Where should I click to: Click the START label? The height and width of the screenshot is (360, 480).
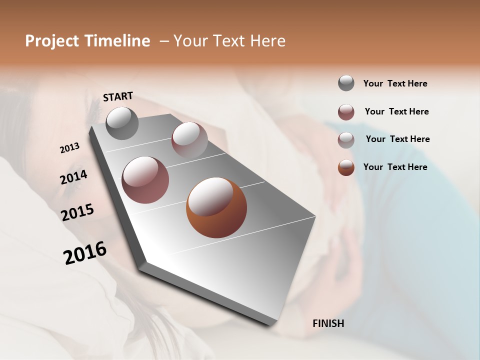(118, 96)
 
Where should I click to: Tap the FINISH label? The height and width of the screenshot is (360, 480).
(328, 323)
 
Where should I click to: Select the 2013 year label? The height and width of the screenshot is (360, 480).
(69, 148)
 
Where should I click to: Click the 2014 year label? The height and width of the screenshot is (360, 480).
(73, 177)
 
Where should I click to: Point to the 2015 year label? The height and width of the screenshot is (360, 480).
(77, 212)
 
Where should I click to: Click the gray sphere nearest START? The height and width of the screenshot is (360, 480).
(122, 123)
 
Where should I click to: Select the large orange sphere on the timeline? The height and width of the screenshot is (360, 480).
(216, 207)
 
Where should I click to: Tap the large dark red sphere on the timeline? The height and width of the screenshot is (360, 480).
(145, 179)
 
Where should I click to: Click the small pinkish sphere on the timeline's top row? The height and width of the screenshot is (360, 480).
(189, 139)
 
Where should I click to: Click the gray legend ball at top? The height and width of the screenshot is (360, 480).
(346, 83)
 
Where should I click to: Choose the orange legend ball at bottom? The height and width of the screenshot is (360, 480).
(346, 167)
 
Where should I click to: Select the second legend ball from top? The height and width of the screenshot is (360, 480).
(346, 112)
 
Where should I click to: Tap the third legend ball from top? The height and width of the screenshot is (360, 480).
(346, 140)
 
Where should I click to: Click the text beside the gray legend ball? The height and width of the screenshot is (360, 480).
(395, 84)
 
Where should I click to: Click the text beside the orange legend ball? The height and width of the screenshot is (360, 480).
(395, 167)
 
